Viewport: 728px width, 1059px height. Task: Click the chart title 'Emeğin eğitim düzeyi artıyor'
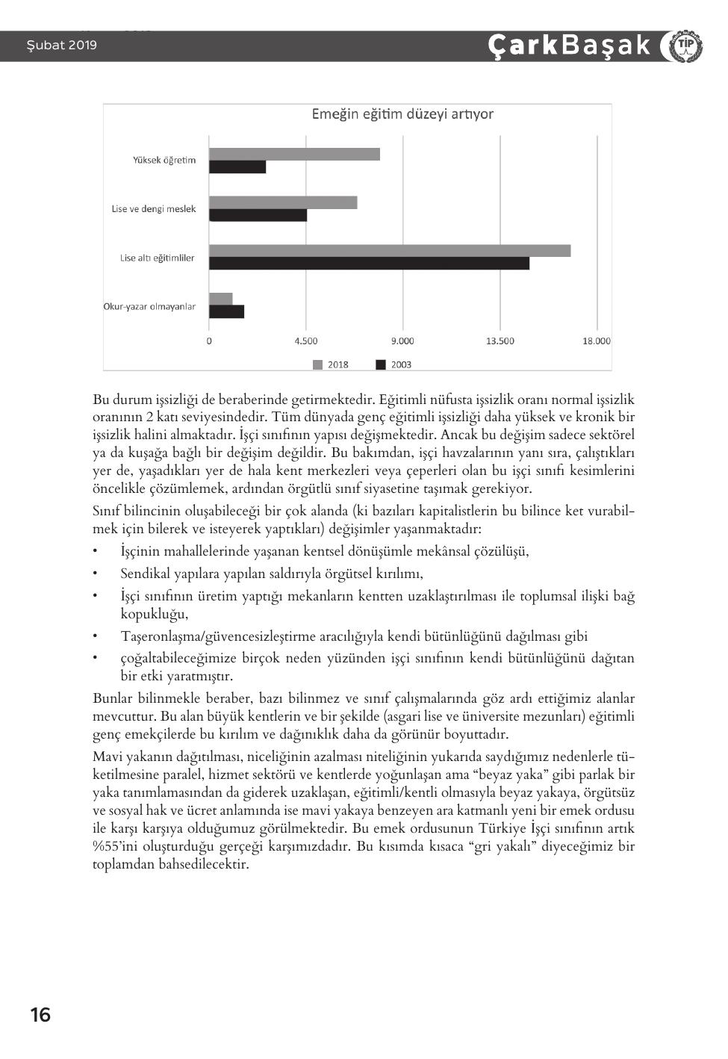[402, 114]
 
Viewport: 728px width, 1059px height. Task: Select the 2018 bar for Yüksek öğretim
[294, 155]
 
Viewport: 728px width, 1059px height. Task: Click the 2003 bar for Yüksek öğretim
[237, 167]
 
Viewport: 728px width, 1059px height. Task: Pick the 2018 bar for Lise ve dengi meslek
[283, 202]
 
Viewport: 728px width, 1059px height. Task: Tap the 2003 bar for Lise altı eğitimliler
[369, 264]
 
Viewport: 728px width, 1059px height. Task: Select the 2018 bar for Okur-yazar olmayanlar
[221, 299]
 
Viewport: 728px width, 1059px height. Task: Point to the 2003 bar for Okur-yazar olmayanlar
[226, 311]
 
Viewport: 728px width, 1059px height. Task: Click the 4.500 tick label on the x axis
[305, 341]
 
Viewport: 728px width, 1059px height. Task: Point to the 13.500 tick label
[500, 341]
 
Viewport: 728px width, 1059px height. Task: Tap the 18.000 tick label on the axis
[596, 341]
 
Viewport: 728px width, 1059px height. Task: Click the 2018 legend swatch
[317, 364]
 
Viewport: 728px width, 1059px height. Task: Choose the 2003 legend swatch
[381, 364]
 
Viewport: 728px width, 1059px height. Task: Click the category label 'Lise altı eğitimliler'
[158, 258]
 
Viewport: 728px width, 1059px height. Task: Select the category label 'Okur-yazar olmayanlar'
[149, 307]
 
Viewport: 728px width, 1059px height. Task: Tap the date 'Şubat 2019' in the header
[62, 46]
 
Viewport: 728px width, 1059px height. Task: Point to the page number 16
[40, 1015]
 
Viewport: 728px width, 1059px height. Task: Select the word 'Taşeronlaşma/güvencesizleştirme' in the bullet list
[211, 637]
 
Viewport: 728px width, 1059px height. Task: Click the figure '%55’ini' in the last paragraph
[113, 847]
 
